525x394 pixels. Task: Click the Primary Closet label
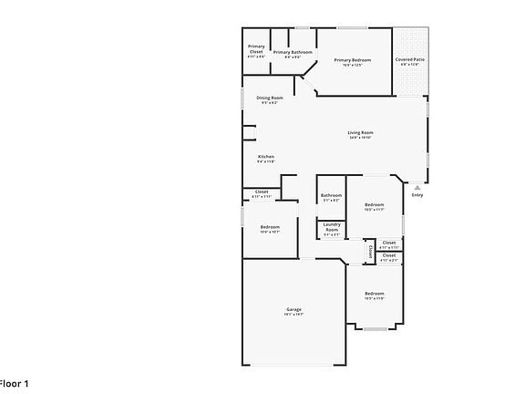(x=257, y=49)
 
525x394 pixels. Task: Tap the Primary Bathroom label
(x=293, y=52)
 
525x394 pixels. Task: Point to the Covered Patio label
(x=410, y=60)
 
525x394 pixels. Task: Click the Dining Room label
(x=269, y=98)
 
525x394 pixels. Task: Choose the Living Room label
(x=361, y=133)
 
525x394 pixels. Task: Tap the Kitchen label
(x=266, y=157)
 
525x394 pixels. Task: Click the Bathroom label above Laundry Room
(x=331, y=195)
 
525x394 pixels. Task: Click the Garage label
(x=293, y=309)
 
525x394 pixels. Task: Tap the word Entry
(x=417, y=195)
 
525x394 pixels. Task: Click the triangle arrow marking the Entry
(x=417, y=187)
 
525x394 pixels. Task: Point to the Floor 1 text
(x=14, y=384)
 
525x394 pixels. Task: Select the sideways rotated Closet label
(x=369, y=250)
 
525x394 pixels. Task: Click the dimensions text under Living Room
(x=361, y=139)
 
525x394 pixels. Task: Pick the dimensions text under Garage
(x=293, y=315)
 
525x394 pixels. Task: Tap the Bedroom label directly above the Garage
(x=270, y=226)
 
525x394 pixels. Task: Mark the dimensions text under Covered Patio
(x=410, y=65)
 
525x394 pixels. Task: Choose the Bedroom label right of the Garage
(x=374, y=293)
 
